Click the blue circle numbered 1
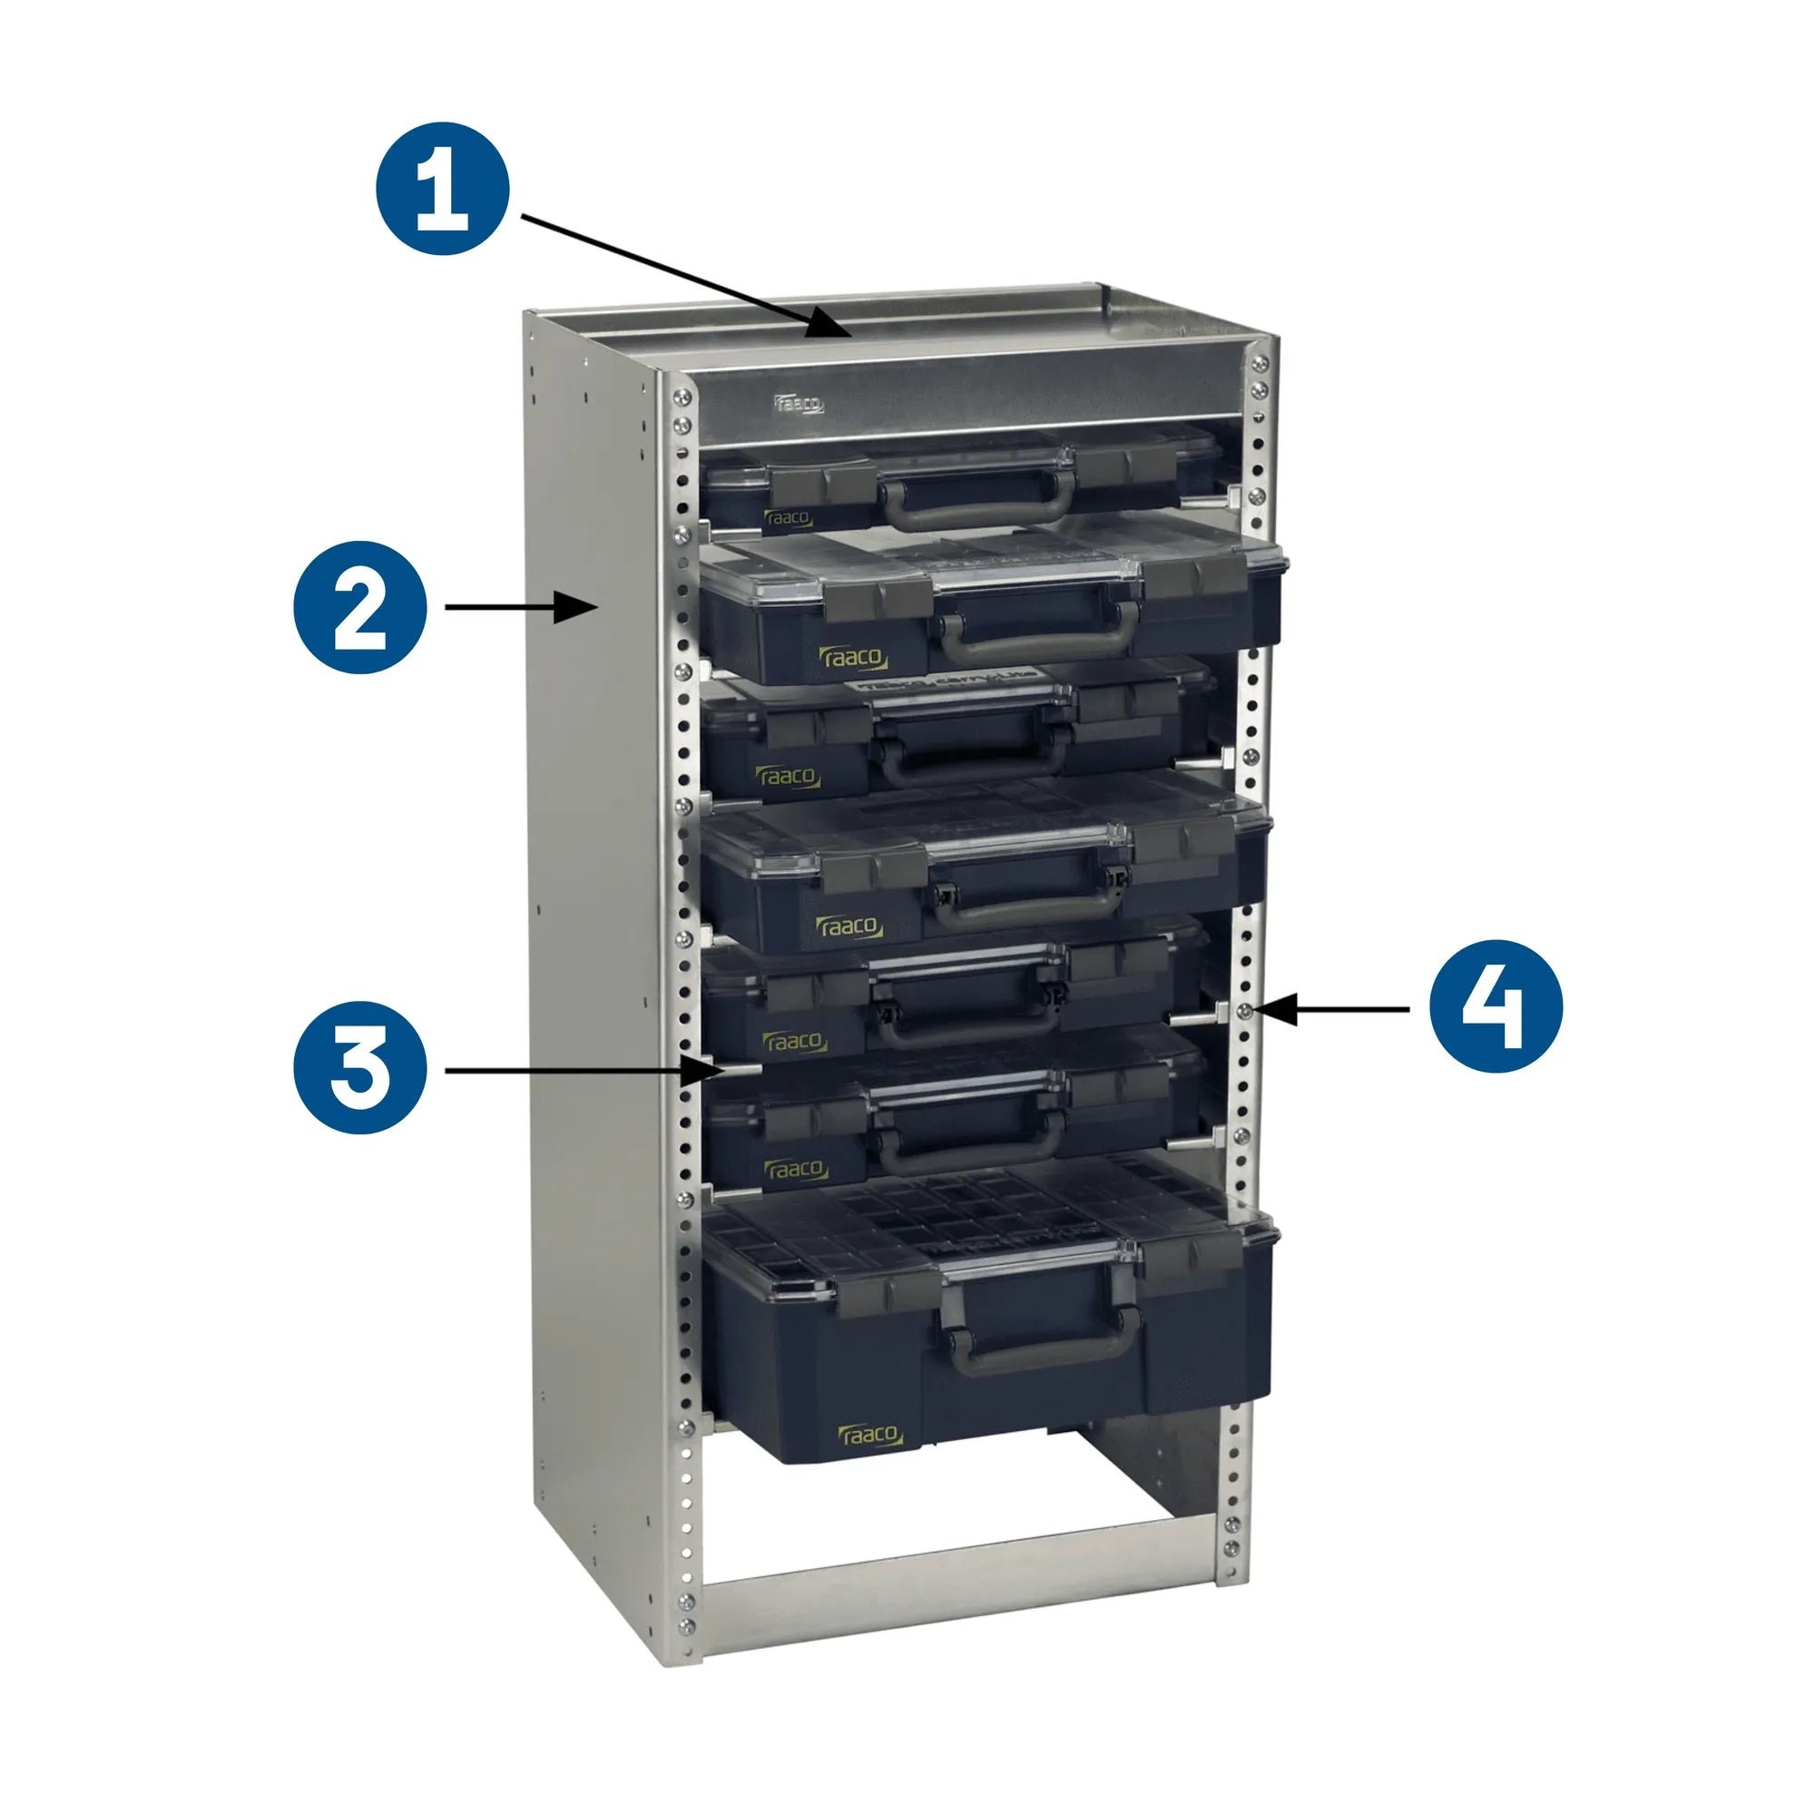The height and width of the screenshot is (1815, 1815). (x=443, y=188)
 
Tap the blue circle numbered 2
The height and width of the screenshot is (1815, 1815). (x=361, y=607)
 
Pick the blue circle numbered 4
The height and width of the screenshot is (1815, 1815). (x=1496, y=1009)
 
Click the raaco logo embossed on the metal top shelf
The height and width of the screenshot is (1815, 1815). (x=799, y=404)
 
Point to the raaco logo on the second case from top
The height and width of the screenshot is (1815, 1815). (x=853, y=658)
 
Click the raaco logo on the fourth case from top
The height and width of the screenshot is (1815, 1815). (x=849, y=927)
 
